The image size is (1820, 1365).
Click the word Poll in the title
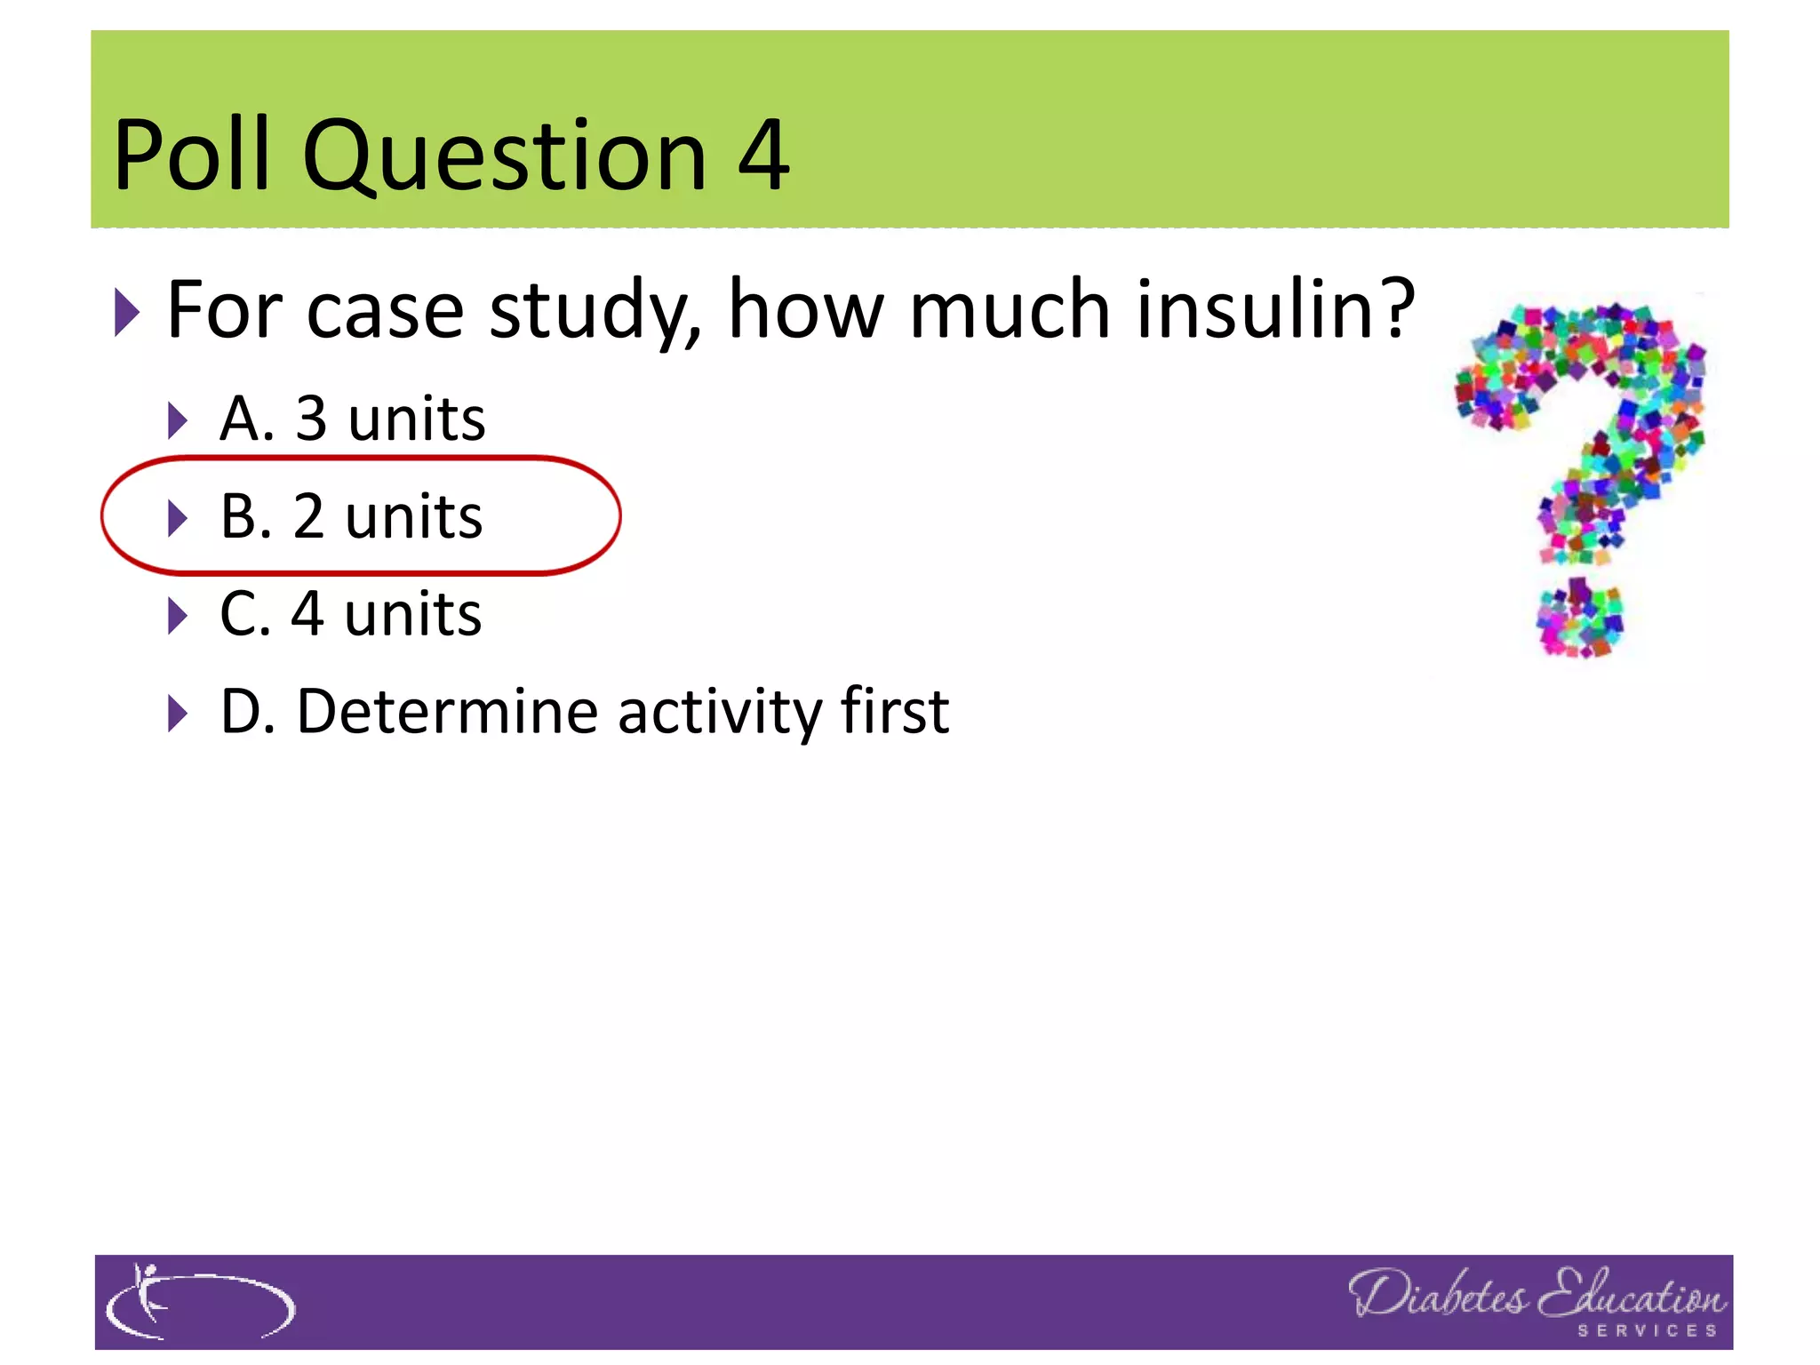(191, 156)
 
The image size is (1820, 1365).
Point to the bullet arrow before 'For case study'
(127, 312)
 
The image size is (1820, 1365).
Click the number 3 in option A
(311, 419)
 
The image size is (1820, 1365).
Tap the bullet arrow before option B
(178, 517)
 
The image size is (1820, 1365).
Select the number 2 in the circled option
(308, 516)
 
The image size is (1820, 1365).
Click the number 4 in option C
(307, 614)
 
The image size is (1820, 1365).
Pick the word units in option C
(413, 614)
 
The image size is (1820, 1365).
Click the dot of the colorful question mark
(1580, 619)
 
